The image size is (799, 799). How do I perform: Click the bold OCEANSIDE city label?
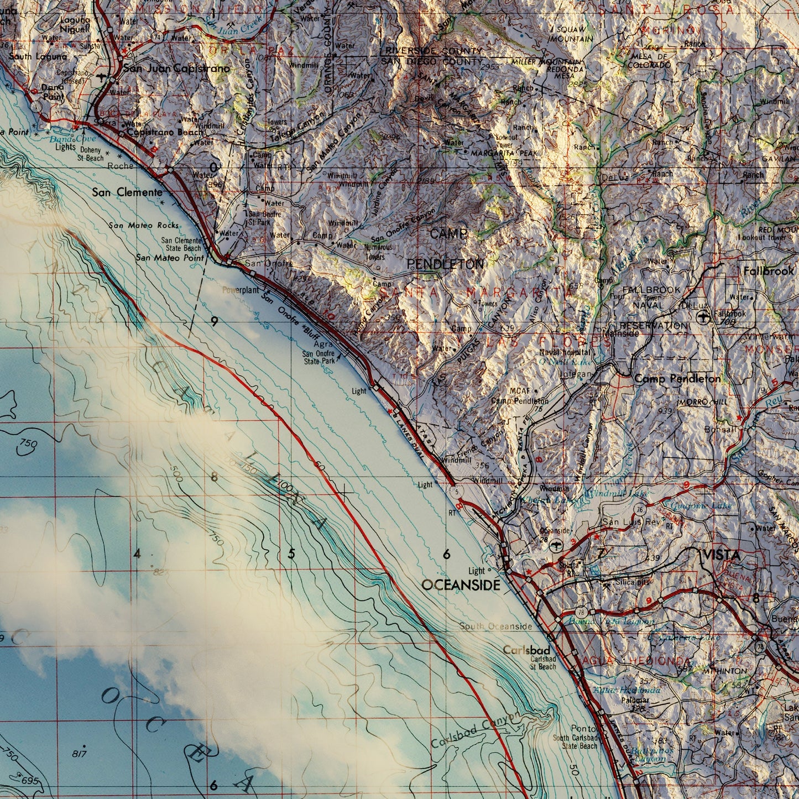pos(461,584)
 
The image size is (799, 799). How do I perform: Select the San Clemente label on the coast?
pos(127,192)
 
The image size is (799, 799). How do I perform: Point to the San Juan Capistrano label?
pos(176,69)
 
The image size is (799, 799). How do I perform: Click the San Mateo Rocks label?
pos(144,225)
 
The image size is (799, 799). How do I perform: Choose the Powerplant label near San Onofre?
pos(241,290)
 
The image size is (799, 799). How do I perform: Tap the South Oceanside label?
pos(495,626)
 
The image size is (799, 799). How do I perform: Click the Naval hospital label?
pos(565,352)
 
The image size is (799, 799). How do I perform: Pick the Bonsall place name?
pos(720,429)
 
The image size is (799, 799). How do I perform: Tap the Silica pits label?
pos(629,583)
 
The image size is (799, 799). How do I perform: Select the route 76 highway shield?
pos(639,509)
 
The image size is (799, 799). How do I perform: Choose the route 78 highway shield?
pos(581,612)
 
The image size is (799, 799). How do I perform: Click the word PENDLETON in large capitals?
pos(445,264)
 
